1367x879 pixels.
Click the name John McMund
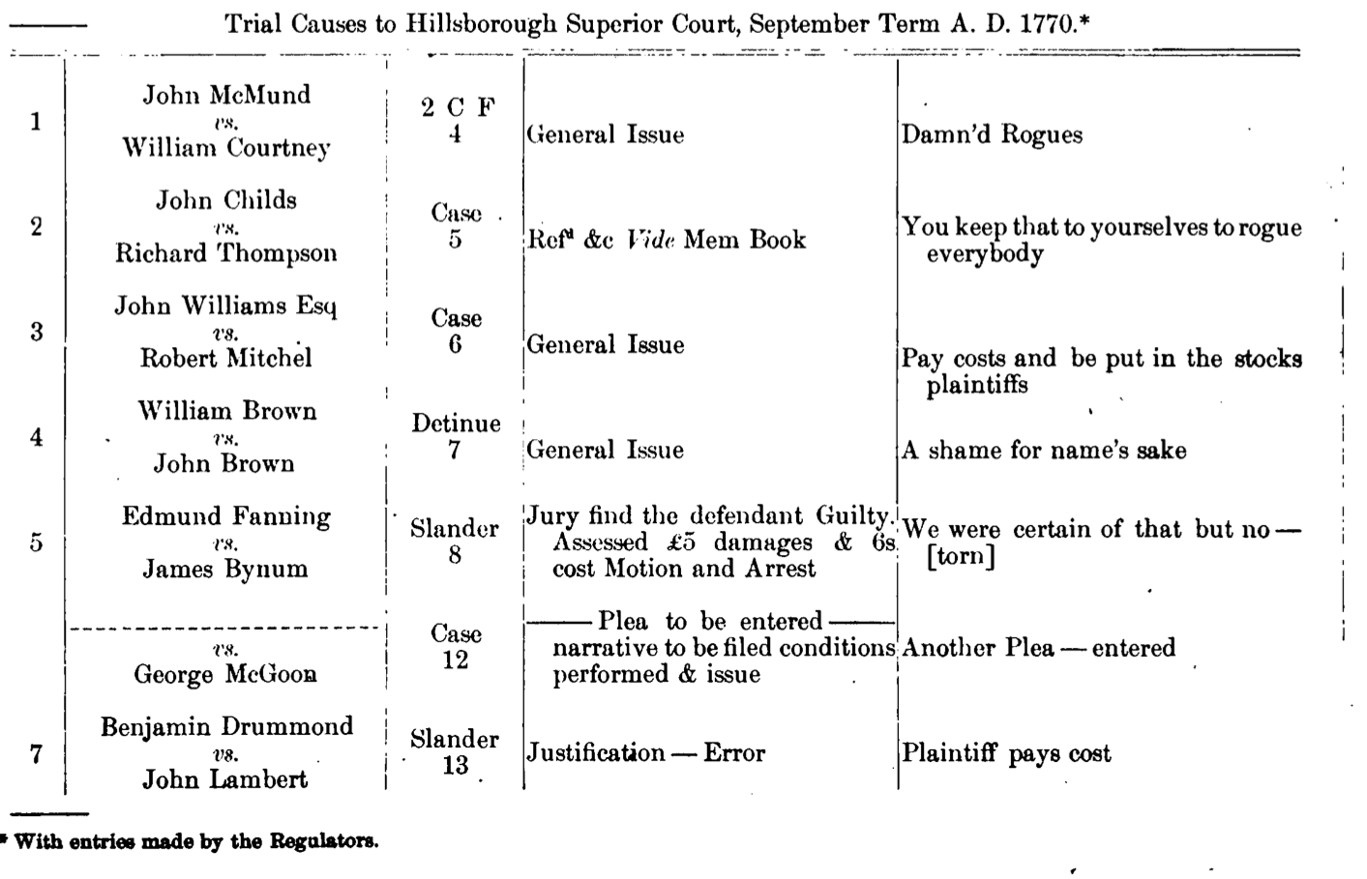(x=226, y=95)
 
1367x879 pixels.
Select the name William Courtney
(x=225, y=148)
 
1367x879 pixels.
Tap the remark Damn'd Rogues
(x=992, y=134)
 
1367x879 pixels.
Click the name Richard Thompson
(x=226, y=253)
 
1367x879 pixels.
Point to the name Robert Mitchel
(x=226, y=358)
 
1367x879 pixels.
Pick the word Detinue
(x=456, y=424)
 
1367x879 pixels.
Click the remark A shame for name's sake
(x=1044, y=450)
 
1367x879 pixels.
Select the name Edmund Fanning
(x=226, y=516)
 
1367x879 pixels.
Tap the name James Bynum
(x=225, y=569)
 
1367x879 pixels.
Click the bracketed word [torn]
(x=960, y=557)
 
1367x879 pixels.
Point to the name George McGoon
(x=225, y=674)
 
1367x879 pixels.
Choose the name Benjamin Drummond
(x=226, y=727)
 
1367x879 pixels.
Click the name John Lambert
(x=225, y=779)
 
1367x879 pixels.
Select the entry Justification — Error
(x=645, y=753)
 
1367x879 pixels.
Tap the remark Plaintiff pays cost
(x=1006, y=753)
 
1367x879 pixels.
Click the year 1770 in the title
(x=1048, y=23)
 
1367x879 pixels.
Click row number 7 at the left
(x=36, y=753)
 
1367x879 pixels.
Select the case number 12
(x=455, y=660)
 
